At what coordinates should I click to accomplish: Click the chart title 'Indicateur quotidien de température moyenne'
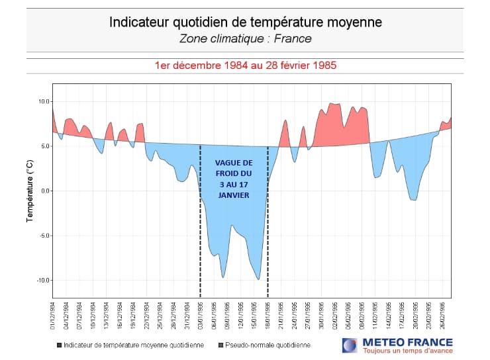[245, 22]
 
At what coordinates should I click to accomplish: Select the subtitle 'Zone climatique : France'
[245, 38]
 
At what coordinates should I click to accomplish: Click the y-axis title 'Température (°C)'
[29, 191]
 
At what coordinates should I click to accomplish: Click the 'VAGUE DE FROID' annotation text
[234, 179]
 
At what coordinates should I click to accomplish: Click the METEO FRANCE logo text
[407, 342]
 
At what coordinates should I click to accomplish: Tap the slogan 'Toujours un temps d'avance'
[407, 351]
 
